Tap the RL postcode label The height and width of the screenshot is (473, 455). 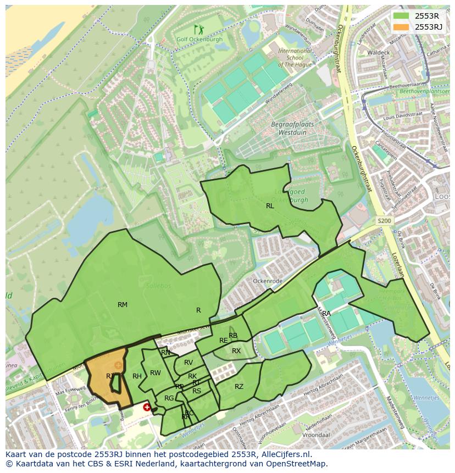270,206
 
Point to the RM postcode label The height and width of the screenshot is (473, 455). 123,305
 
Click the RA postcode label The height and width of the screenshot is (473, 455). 326,314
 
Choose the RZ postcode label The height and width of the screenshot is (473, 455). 239,387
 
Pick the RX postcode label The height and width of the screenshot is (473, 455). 236,351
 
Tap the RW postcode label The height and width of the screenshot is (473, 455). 156,373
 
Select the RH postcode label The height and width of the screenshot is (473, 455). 137,376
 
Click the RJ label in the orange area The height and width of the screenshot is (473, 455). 110,376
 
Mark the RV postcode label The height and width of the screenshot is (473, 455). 188,363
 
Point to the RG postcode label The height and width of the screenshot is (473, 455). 169,398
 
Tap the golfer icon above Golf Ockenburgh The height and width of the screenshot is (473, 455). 198,29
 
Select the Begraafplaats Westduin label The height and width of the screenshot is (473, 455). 292,128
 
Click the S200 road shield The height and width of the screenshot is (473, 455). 384,220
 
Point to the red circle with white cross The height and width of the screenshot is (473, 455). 147,407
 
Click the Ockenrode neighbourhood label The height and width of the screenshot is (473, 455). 268,281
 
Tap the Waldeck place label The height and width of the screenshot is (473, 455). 379,52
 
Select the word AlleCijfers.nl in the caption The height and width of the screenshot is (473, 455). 287,455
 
